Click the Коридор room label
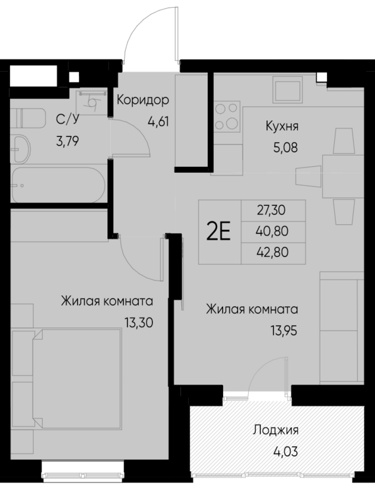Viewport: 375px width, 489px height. click(x=143, y=101)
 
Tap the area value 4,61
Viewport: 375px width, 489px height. click(x=159, y=121)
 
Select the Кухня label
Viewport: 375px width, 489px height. click(x=283, y=127)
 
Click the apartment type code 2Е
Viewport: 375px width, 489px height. click(x=218, y=232)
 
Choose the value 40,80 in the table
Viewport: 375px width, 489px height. click(x=274, y=231)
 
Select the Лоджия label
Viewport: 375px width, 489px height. click(x=276, y=431)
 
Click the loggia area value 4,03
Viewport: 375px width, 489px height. click(x=276, y=452)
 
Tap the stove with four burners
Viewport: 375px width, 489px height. click(x=226, y=115)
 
